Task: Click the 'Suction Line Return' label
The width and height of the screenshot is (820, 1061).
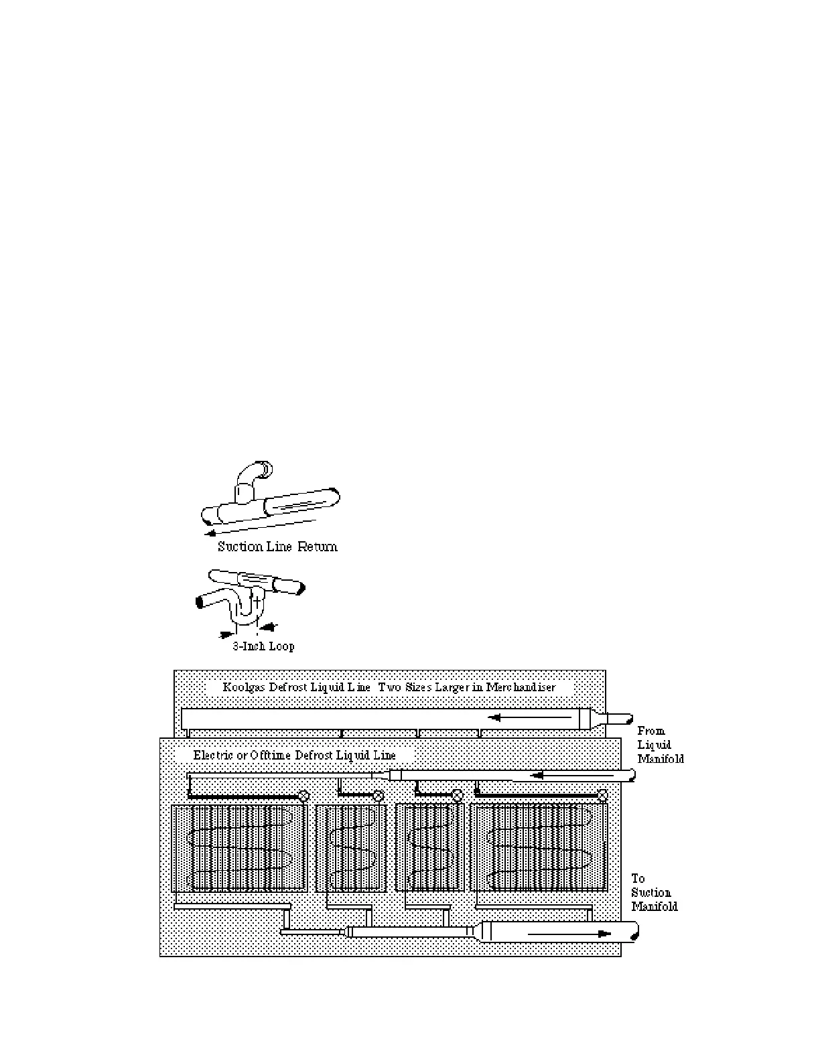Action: (277, 547)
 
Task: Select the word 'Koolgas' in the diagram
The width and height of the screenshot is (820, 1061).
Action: (245, 687)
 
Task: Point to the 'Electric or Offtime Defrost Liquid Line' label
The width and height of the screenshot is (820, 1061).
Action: (295, 755)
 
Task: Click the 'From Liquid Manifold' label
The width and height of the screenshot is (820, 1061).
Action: (660, 745)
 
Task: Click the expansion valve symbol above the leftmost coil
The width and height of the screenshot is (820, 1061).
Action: (303, 796)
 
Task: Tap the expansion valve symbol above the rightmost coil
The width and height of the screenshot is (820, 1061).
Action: (602, 796)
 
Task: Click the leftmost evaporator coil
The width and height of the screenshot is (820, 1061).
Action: (239, 848)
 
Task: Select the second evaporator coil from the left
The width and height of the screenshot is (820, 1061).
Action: (350, 848)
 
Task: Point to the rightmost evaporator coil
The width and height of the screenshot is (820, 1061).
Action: (539, 848)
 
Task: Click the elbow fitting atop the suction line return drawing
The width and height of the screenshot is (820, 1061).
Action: (255, 472)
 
